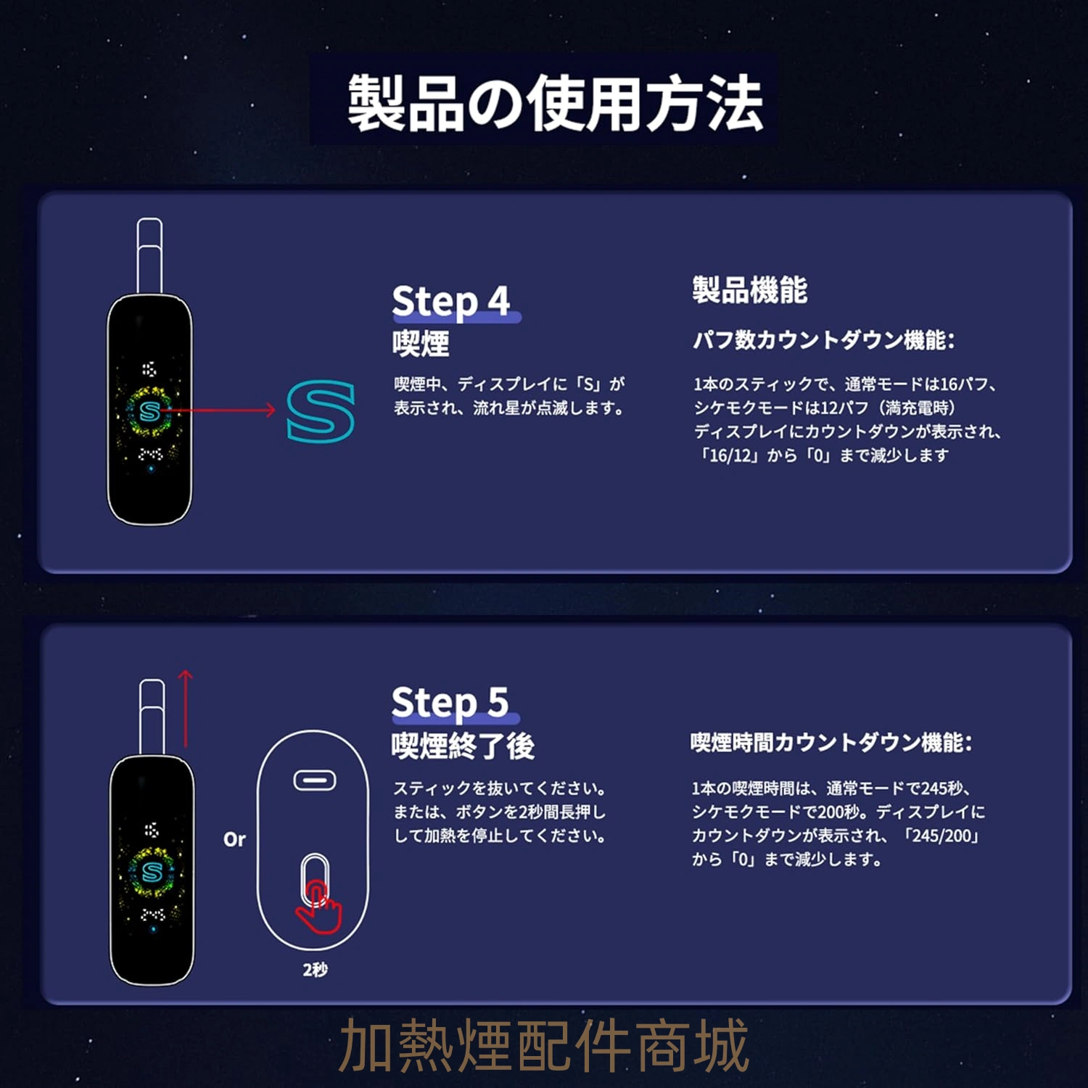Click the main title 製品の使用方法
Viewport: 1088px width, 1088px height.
pyautogui.click(x=555, y=103)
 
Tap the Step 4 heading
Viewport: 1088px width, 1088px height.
pyautogui.click(x=451, y=301)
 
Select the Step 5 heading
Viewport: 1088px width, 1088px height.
pyautogui.click(x=450, y=703)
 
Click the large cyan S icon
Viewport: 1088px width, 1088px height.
pyautogui.click(x=321, y=411)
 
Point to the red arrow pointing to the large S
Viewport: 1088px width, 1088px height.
pyautogui.click(x=218, y=410)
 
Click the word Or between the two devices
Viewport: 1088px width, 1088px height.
pyautogui.click(x=234, y=839)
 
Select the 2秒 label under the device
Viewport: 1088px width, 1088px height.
pyautogui.click(x=315, y=969)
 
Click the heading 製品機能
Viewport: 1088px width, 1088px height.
pyautogui.click(x=749, y=290)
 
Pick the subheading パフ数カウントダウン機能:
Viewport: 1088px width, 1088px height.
pyautogui.click(x=824, y=339)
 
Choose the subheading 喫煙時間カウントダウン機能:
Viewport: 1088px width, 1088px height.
pyautogui.click(x=831, y=742)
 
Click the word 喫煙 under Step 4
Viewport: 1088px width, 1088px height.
pyautogui.click(x=421, y=343)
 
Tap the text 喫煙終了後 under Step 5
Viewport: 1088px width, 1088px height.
pyautogui.click(x=463, y=746)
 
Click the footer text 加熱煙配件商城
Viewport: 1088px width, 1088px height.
pyautogui.click(x=544, y=1045)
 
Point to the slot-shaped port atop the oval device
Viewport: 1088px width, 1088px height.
pyautogui.click(x=315, y=780)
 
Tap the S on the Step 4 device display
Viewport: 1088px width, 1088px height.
pyautogui.click(x=149, y=411)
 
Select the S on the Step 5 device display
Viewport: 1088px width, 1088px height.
pyautogui.click(x=152, y=871)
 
